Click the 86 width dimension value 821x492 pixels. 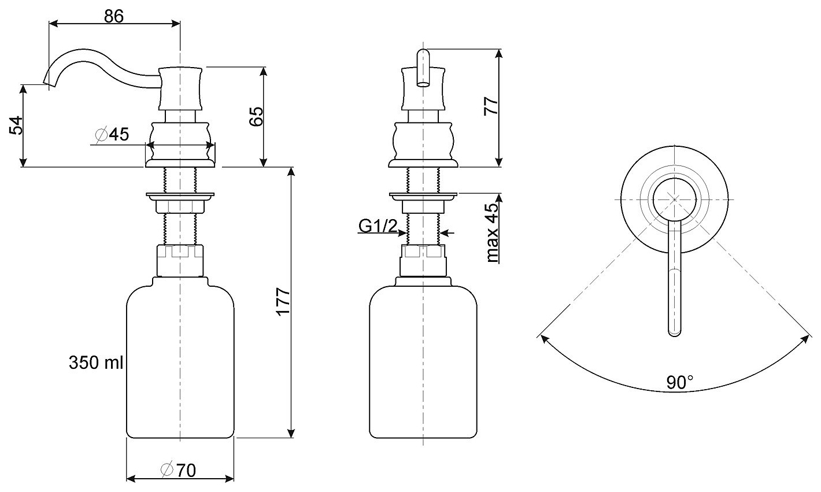coord(114,17)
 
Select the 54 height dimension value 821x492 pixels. coord(16,125)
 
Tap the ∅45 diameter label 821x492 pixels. coord(112,135)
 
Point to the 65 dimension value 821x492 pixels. coord(256,117)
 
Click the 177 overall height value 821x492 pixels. coord(283,302)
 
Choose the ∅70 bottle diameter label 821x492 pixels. coord(178,471)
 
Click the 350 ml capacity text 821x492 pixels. coord(96,363)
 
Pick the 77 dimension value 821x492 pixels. coord(491,106)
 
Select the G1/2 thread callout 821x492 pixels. coord(378,227)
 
